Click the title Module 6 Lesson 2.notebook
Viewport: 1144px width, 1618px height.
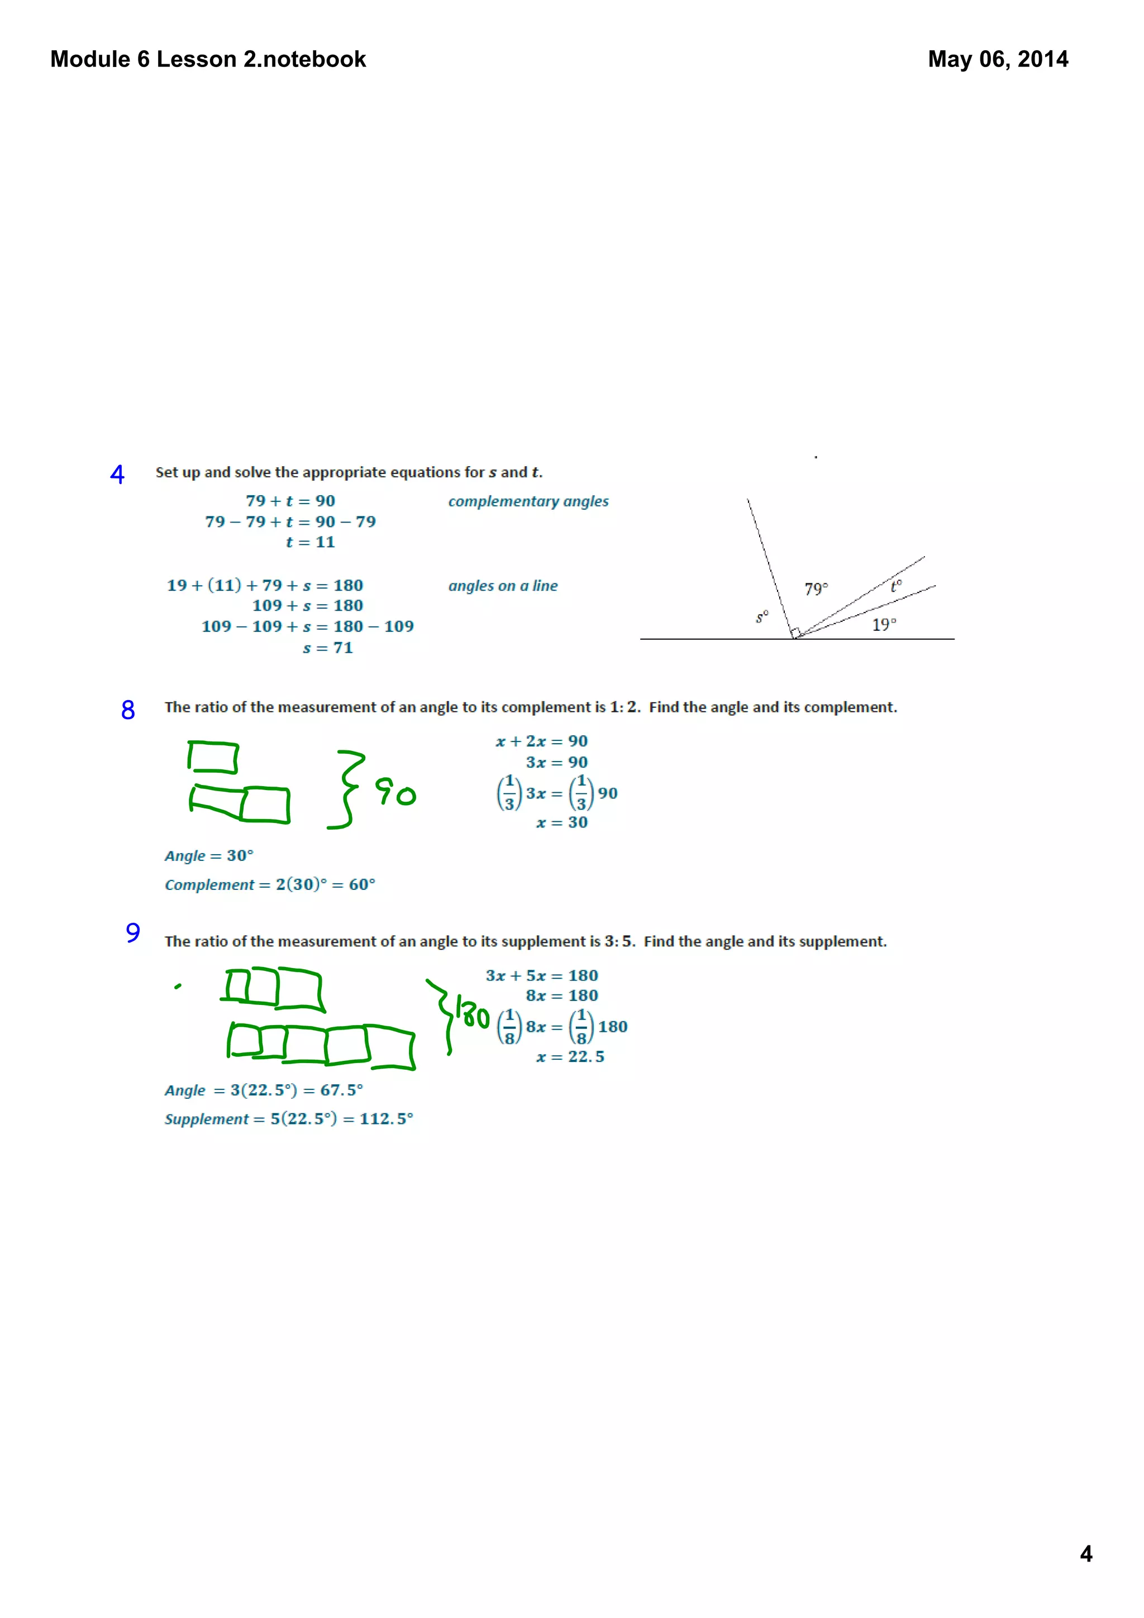pos(208,59)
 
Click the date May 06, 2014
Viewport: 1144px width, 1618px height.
pos(998,59)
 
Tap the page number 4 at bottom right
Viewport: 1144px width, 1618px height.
pos(1085,1553)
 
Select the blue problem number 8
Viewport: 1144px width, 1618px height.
pos(127,710)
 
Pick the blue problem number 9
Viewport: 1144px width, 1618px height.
pos(132,933)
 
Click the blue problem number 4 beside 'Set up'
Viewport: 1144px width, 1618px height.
pos(117,474)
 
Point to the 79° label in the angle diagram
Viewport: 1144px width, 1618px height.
pos(816,588)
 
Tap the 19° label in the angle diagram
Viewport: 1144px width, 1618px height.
pos(884,624)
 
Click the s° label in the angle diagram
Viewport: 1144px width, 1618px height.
pos(761,617)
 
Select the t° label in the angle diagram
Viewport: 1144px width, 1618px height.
pos(895,586)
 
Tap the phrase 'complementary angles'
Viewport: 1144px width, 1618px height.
pos(528,502)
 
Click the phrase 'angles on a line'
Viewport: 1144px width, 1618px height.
pos(503,586)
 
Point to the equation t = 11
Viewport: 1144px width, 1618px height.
pos(310,542)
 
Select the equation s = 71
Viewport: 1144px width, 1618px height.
pos(328,648)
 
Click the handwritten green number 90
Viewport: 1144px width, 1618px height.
pos(395,792)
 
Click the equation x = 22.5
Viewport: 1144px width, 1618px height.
pos(570,1056)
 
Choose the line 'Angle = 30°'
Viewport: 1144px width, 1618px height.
pos(209,855)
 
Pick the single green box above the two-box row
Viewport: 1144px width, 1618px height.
pos(213,758)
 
